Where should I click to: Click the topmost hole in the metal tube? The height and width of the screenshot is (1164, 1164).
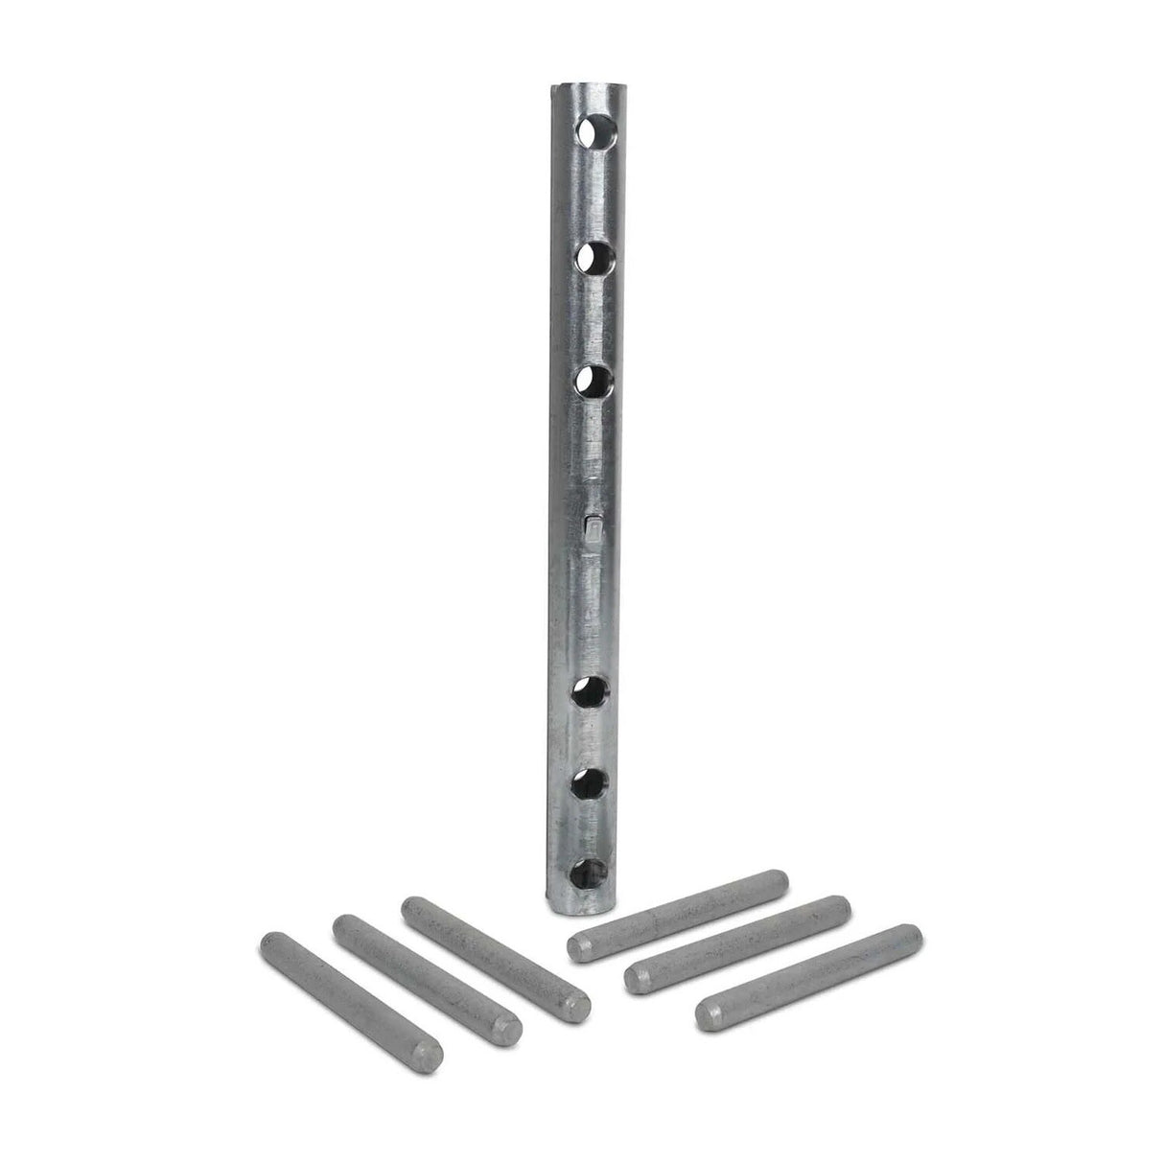tap(595, 131)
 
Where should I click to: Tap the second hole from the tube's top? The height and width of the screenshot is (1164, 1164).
tap(595, 257)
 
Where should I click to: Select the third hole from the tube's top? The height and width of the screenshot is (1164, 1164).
tap(595, 383)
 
